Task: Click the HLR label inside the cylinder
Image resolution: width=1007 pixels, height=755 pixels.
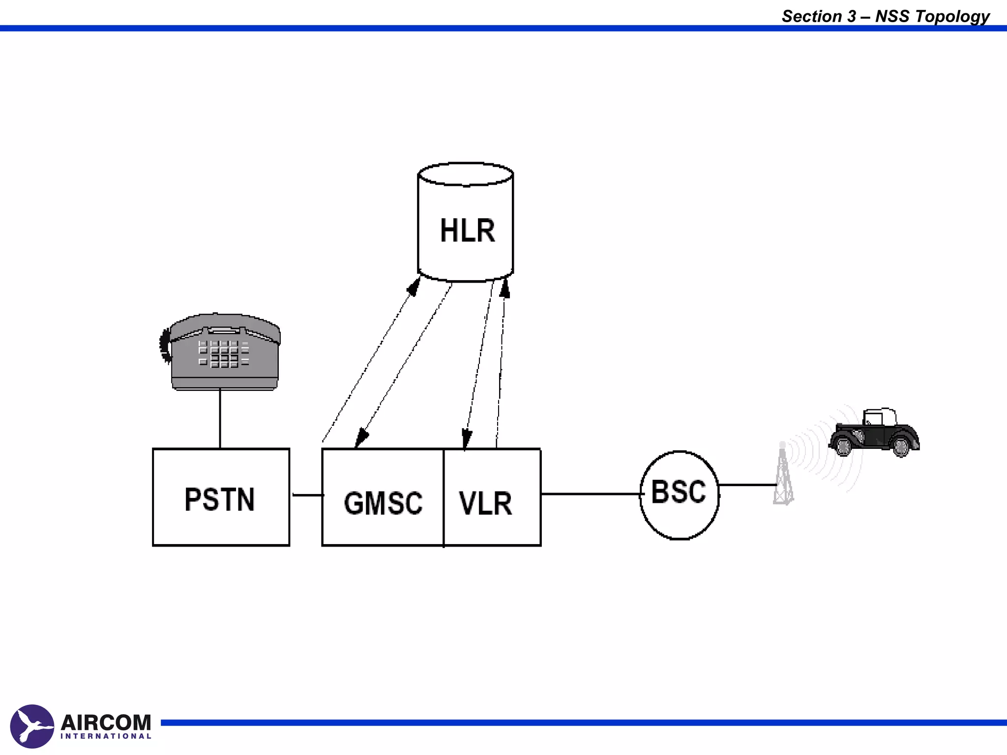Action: tap(467, 231)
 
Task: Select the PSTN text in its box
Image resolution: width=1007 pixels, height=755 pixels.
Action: tap(220, 499)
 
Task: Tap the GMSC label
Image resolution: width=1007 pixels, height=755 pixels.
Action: tap(383, 503)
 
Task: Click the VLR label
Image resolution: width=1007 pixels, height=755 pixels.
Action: tap(486, 503)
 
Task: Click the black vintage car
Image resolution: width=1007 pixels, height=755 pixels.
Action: tap(874, 433)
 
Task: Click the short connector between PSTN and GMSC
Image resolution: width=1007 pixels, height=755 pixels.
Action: tap(307, 494)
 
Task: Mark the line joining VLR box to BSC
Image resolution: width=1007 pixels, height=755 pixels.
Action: tap(590, 494)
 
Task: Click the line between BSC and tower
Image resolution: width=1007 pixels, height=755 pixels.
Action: tap(747, 485)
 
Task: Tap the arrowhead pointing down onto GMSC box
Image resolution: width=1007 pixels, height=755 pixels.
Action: tap(361, 437)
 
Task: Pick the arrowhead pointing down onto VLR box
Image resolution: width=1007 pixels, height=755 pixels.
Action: tap(467, 438)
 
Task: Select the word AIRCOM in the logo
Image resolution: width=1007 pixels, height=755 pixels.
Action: tap(106, 723)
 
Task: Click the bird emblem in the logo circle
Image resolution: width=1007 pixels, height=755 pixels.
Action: tap(32, 726)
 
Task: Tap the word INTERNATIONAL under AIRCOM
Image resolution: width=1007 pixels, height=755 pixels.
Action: tap(106, 736)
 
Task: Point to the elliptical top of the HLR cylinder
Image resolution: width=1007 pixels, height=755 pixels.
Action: tap(466, 174)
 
